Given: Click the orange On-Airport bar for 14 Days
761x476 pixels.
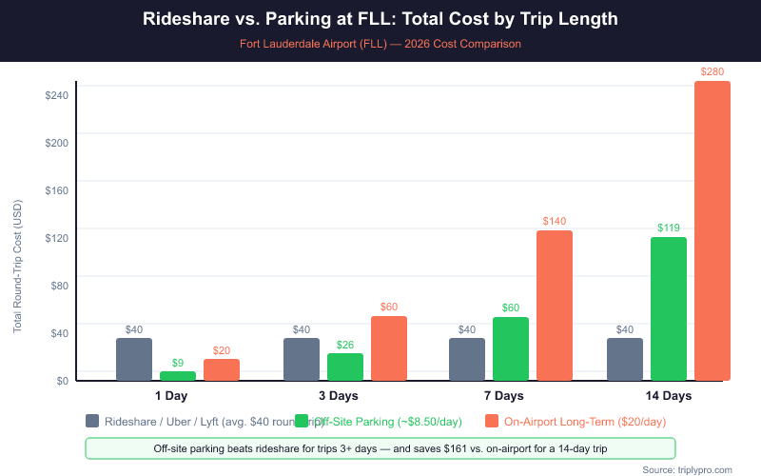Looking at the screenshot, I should click(x=712, y=230).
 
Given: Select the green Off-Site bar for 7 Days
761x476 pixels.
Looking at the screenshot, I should click(x=511, y=348).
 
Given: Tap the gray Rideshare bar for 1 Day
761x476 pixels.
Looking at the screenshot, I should click(x=134, y=359).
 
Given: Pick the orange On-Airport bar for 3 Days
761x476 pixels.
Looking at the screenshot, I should click(x=389, y=347).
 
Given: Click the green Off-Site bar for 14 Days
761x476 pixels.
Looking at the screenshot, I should click(x=669, y=308).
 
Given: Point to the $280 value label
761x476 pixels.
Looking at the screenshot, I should click(x=712, y=71).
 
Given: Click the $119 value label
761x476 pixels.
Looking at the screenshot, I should click(x=669, y=228).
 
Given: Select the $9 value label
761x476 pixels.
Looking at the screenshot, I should click(x=178, y=363).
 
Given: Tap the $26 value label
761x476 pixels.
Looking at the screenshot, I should click(x=345, y=345).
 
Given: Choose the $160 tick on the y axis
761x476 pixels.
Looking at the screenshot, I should click(x=56, y=189).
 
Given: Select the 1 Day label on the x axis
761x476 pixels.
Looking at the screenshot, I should click(x=171, y=395).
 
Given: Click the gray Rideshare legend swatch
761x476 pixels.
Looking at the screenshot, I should click(x=92, y=421).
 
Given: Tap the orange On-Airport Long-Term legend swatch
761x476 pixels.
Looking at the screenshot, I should click(x=492, y=421).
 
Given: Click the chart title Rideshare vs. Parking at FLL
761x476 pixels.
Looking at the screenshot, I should click(x=380, y=19).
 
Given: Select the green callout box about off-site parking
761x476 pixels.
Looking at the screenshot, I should click(x=380, y=448).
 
